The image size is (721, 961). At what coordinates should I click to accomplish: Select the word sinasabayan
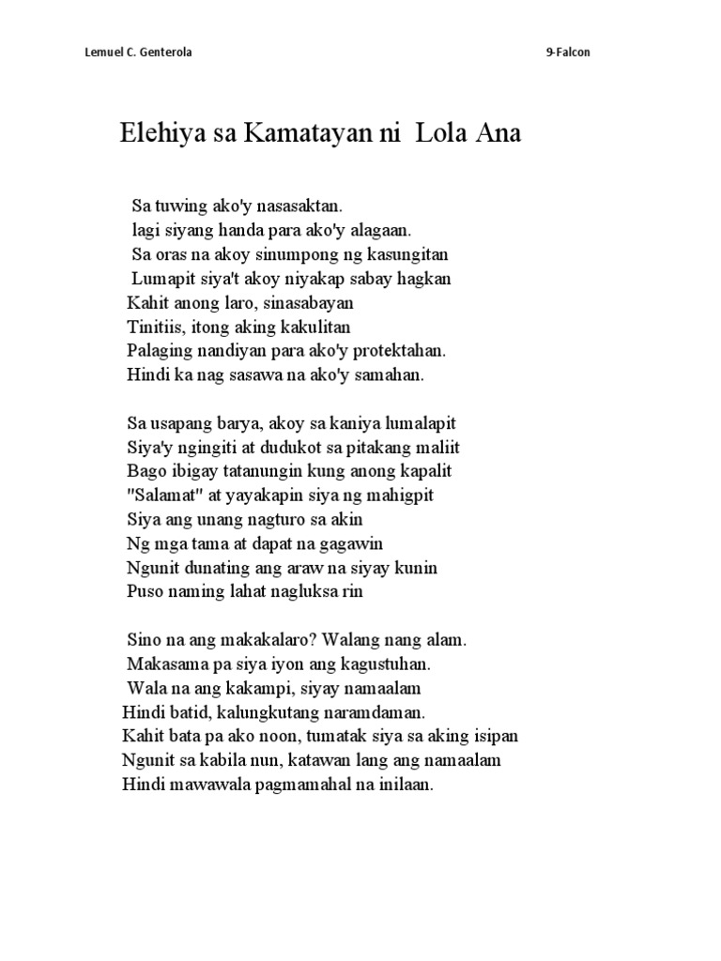(x=305, y=302)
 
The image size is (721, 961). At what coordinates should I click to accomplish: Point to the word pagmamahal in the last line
(x=306, y=786)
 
